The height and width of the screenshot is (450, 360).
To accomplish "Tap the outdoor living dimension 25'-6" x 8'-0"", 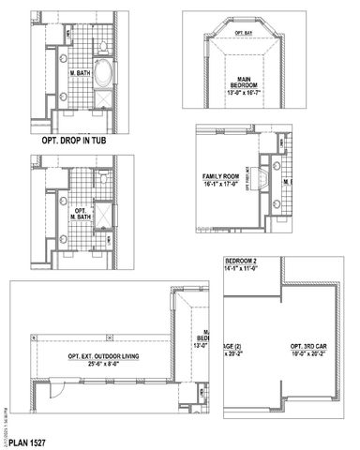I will point(105,364).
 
